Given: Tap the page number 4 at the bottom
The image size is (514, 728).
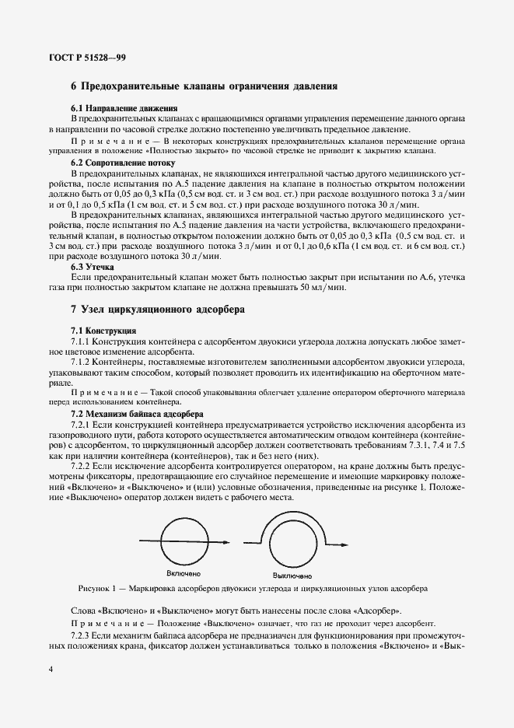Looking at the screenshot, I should click(x=51, y=670).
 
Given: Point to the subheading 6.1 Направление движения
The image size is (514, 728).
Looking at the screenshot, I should click(x=124, y=108).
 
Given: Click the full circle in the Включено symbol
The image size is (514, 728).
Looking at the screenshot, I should click(x=182, y=544).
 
